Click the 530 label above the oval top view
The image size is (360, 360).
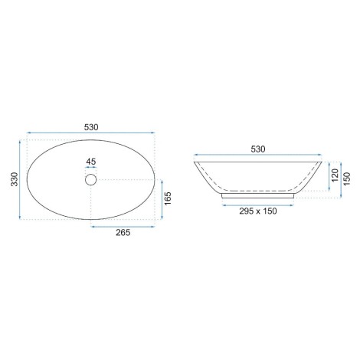[x=91, y=127]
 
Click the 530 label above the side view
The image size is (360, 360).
[x=258, y=149]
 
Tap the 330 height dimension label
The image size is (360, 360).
[x=15, y=179]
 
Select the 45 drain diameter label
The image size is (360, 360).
[x=91, y=162]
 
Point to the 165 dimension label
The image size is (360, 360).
[x=168, y=198]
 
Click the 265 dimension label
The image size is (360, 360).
[x=123, y=232]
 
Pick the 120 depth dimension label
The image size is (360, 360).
[x=335, y=175]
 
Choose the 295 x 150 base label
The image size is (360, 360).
[x=258, y=211]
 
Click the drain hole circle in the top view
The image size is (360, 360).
[x=90, y=179]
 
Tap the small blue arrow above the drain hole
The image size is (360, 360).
[x=90, y=167]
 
